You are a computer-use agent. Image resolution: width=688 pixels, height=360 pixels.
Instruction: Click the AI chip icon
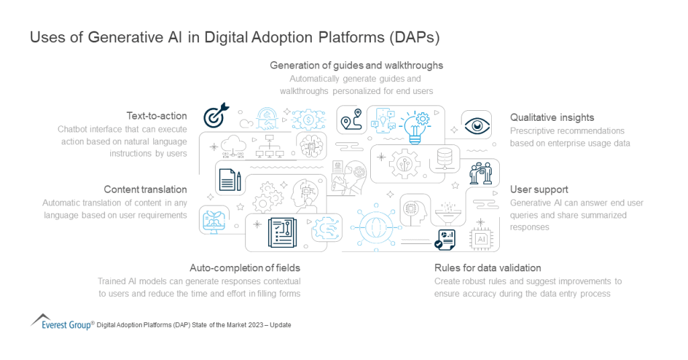pyautogui.click(x=481, y=238)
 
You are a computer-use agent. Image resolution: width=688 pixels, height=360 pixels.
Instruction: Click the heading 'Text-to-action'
pyautogui.click(x=157, y=116)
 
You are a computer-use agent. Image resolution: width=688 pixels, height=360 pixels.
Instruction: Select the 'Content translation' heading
pyautogui.click(x=145, y=189)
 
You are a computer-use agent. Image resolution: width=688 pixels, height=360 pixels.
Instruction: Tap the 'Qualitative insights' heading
pyautogui.click(x=552, y=118)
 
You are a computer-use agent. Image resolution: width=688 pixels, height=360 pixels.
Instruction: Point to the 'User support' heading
pyautogui.click(x=539, y=189)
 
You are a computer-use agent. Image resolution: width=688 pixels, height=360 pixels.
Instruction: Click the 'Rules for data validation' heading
pyautogui.click(x=487, y=268)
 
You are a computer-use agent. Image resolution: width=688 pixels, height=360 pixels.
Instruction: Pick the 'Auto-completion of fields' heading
pyautogui.click(x=245, y=268)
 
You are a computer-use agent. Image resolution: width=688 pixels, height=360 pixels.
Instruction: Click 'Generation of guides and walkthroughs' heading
pyautogui.click(x=356, y=65)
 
